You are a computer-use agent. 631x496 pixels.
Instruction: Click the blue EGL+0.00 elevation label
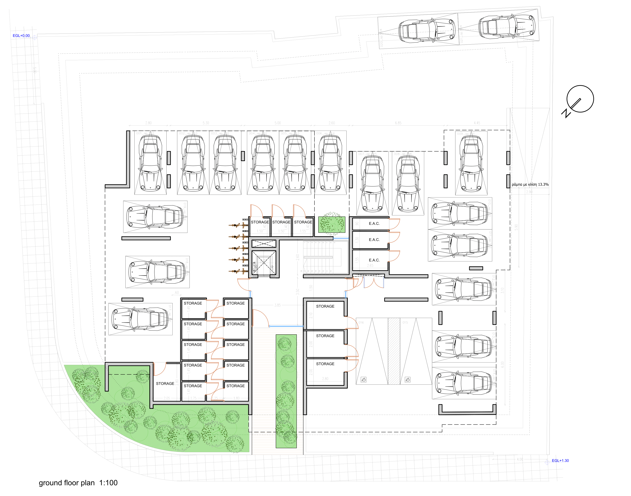click(21, 36)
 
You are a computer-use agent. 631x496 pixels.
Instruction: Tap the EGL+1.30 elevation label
click(560, 461)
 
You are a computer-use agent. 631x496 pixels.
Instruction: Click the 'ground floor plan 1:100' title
click(78, 483)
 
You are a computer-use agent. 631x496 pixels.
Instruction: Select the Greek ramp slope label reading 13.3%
click(530, 184)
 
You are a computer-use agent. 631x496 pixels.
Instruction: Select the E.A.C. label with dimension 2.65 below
click(374, 260)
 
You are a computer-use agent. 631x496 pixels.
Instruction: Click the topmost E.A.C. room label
click(374, 224)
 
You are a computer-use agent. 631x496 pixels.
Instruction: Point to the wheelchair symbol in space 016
click(364, 380)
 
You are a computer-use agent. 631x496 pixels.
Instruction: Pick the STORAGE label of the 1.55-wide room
click(303, 222)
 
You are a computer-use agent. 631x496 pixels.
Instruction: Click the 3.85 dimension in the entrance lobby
click(277, 305)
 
